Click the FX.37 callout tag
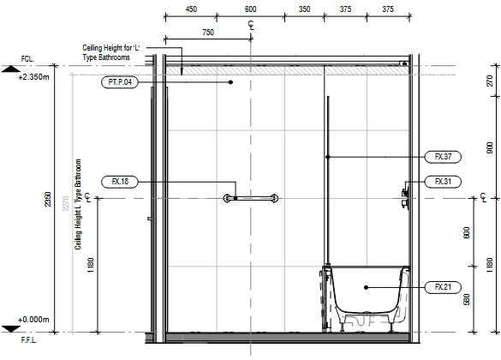pyautogui.click(x=443, y=157)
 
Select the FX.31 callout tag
pyautogui.click(x=443, y=182)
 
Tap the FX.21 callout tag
pyautogui.click(x=443, y=287)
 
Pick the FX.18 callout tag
pyautogui.click(x=120, y=182)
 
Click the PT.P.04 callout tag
pyautogui.click(x=120, y=82)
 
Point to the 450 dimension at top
pyautogui.click(x=191, y=9)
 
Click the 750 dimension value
pyautogui.click(x=208, y=33)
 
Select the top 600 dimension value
pyautogui.click(x=250, y=9)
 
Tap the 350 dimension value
pyautogui.click(x=304, y=9)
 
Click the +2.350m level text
pyautogui.click(x=34, y=77)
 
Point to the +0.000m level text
pyautogui.click(x=33, y=320)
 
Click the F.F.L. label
pyautogui.click(x=29, y=340)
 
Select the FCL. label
pyautogui.click(x=27, y=59)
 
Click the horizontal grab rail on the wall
pyautogui.click(x=250, y=198)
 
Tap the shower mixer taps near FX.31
pyautogui.click(x=405, y=198)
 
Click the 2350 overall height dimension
pyautogui.click(x=48, y=199)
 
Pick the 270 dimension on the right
pyautogui.click(x=490, y=81)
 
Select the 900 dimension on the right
pyautogui.click(x=490, y=147)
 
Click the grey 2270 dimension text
pyautogui.click(x=65, y=203)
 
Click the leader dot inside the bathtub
pyautogui.click(x=367, y=287)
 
